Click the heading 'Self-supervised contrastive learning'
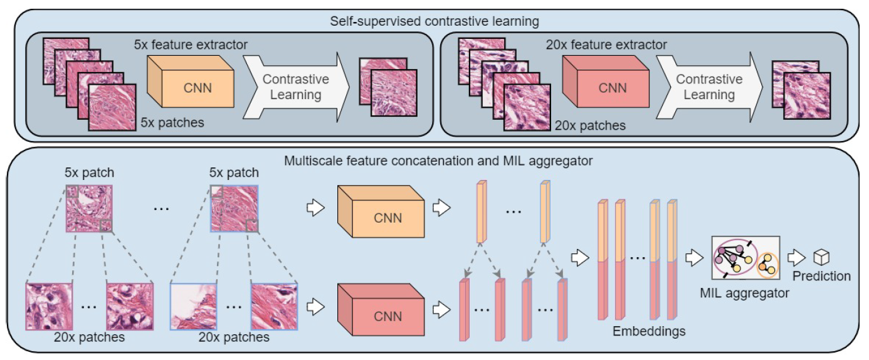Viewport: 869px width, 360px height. click(x=434, y=21)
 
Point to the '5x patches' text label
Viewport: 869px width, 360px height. click(x=172, y=122)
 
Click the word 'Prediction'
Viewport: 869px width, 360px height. click(x=821, y=276)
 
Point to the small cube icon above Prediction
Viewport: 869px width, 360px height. click(x=821, y=257)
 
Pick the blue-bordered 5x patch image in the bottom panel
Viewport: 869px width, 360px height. click(x=233, y=208)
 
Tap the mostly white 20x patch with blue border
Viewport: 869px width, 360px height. click(x=194, y=306)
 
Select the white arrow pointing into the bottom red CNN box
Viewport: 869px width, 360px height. click(x=316, y=307)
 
